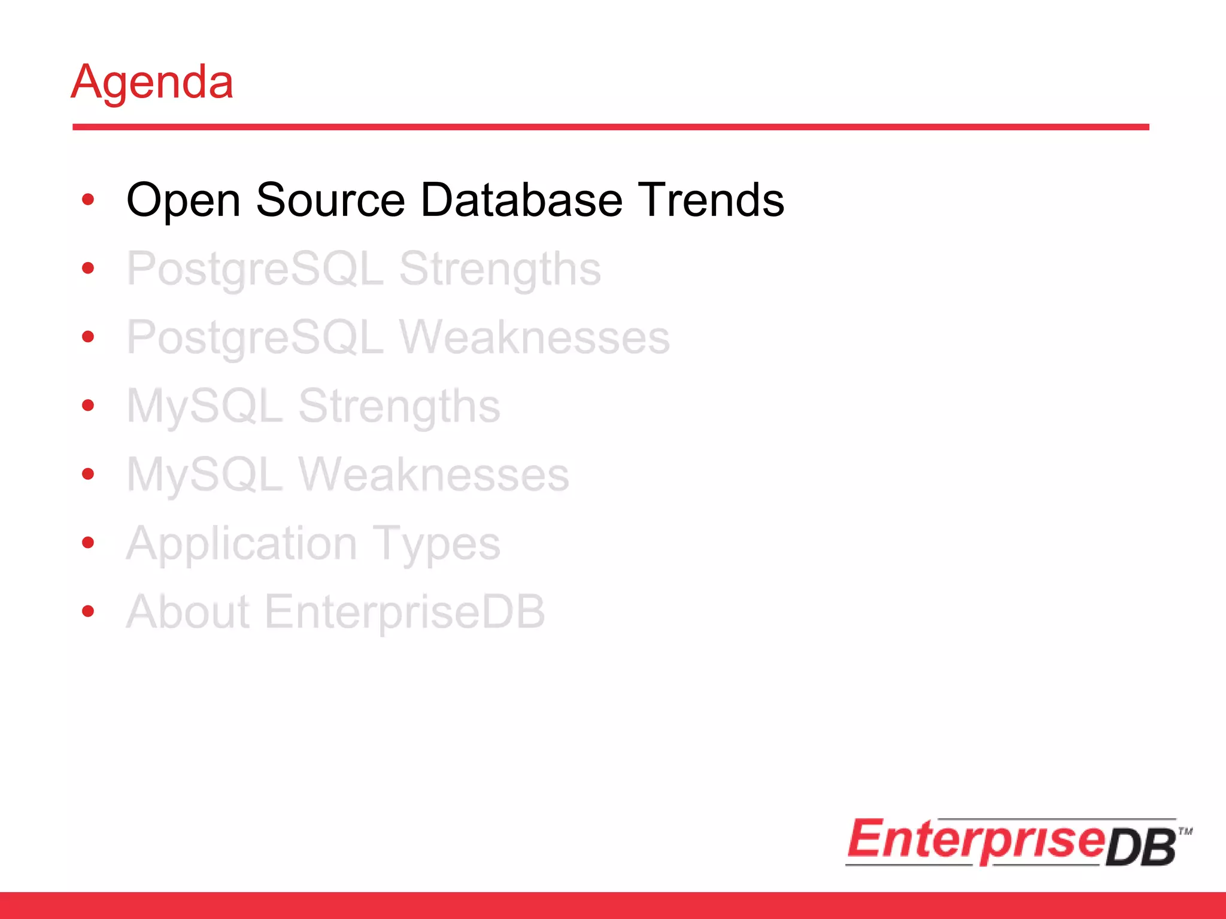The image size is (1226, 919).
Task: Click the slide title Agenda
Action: tap(152, 82)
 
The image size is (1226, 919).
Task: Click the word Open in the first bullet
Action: tap(183, 200)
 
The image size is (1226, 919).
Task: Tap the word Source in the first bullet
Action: tap(330, 200)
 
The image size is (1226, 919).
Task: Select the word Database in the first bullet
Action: tap(521, 200)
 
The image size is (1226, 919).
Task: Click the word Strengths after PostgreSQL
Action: tap(500, 270)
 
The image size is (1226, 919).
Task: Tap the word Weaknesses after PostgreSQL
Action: tap(534, 338)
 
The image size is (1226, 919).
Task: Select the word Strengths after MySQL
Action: tap(399, 407)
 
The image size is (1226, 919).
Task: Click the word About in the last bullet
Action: tap(187, 612)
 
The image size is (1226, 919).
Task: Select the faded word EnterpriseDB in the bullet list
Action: tap(405, 612)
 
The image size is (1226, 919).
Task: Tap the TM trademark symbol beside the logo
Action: tap(1185, 831)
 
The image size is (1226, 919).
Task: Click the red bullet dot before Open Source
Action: tap(88, 200)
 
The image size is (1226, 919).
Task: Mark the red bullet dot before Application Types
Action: tap(88, 543)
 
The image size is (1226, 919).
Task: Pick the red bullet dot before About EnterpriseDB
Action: tap(88, 611)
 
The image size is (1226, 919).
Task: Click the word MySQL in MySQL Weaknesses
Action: tap(204, 475)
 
